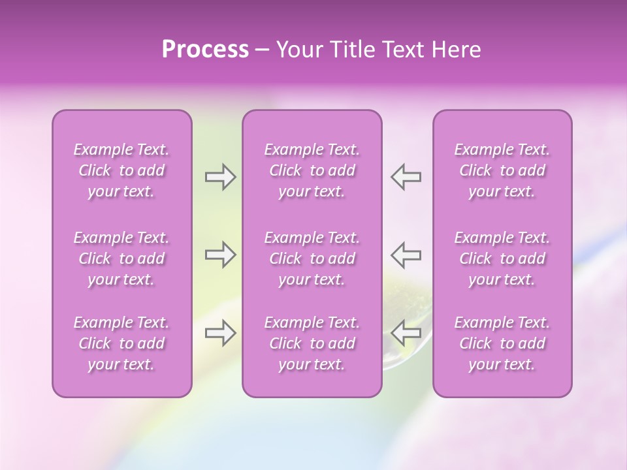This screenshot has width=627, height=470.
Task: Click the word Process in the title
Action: [x=205, y=50]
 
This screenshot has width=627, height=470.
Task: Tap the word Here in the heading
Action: [x=456, y=50]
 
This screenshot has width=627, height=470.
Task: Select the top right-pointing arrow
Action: [x=220, y=177]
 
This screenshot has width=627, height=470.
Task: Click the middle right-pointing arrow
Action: [x=220, y=255]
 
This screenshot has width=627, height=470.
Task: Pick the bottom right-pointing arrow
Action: [x=220, y=333]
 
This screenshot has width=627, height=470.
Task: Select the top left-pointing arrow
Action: [x=406, y=177]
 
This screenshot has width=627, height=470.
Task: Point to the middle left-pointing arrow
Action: [x=406, y=255]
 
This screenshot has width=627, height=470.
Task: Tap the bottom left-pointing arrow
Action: [x=406, y=333]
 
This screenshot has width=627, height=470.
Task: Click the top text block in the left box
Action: [x=121, y=170]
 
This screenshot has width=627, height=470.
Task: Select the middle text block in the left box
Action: [x=121, y=258]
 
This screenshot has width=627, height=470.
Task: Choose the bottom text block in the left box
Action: [x=121, y=343]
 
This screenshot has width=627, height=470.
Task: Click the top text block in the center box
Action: [x=312, y=170]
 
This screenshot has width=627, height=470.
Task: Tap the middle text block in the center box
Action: [x=312, y=258]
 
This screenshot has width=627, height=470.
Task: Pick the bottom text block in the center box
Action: [x=312, y=343]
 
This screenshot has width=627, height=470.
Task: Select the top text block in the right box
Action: [x=502, y=170]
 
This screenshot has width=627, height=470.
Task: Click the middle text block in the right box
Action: [x=502, y=258]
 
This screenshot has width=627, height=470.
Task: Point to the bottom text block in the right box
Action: [x=502, y=343]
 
